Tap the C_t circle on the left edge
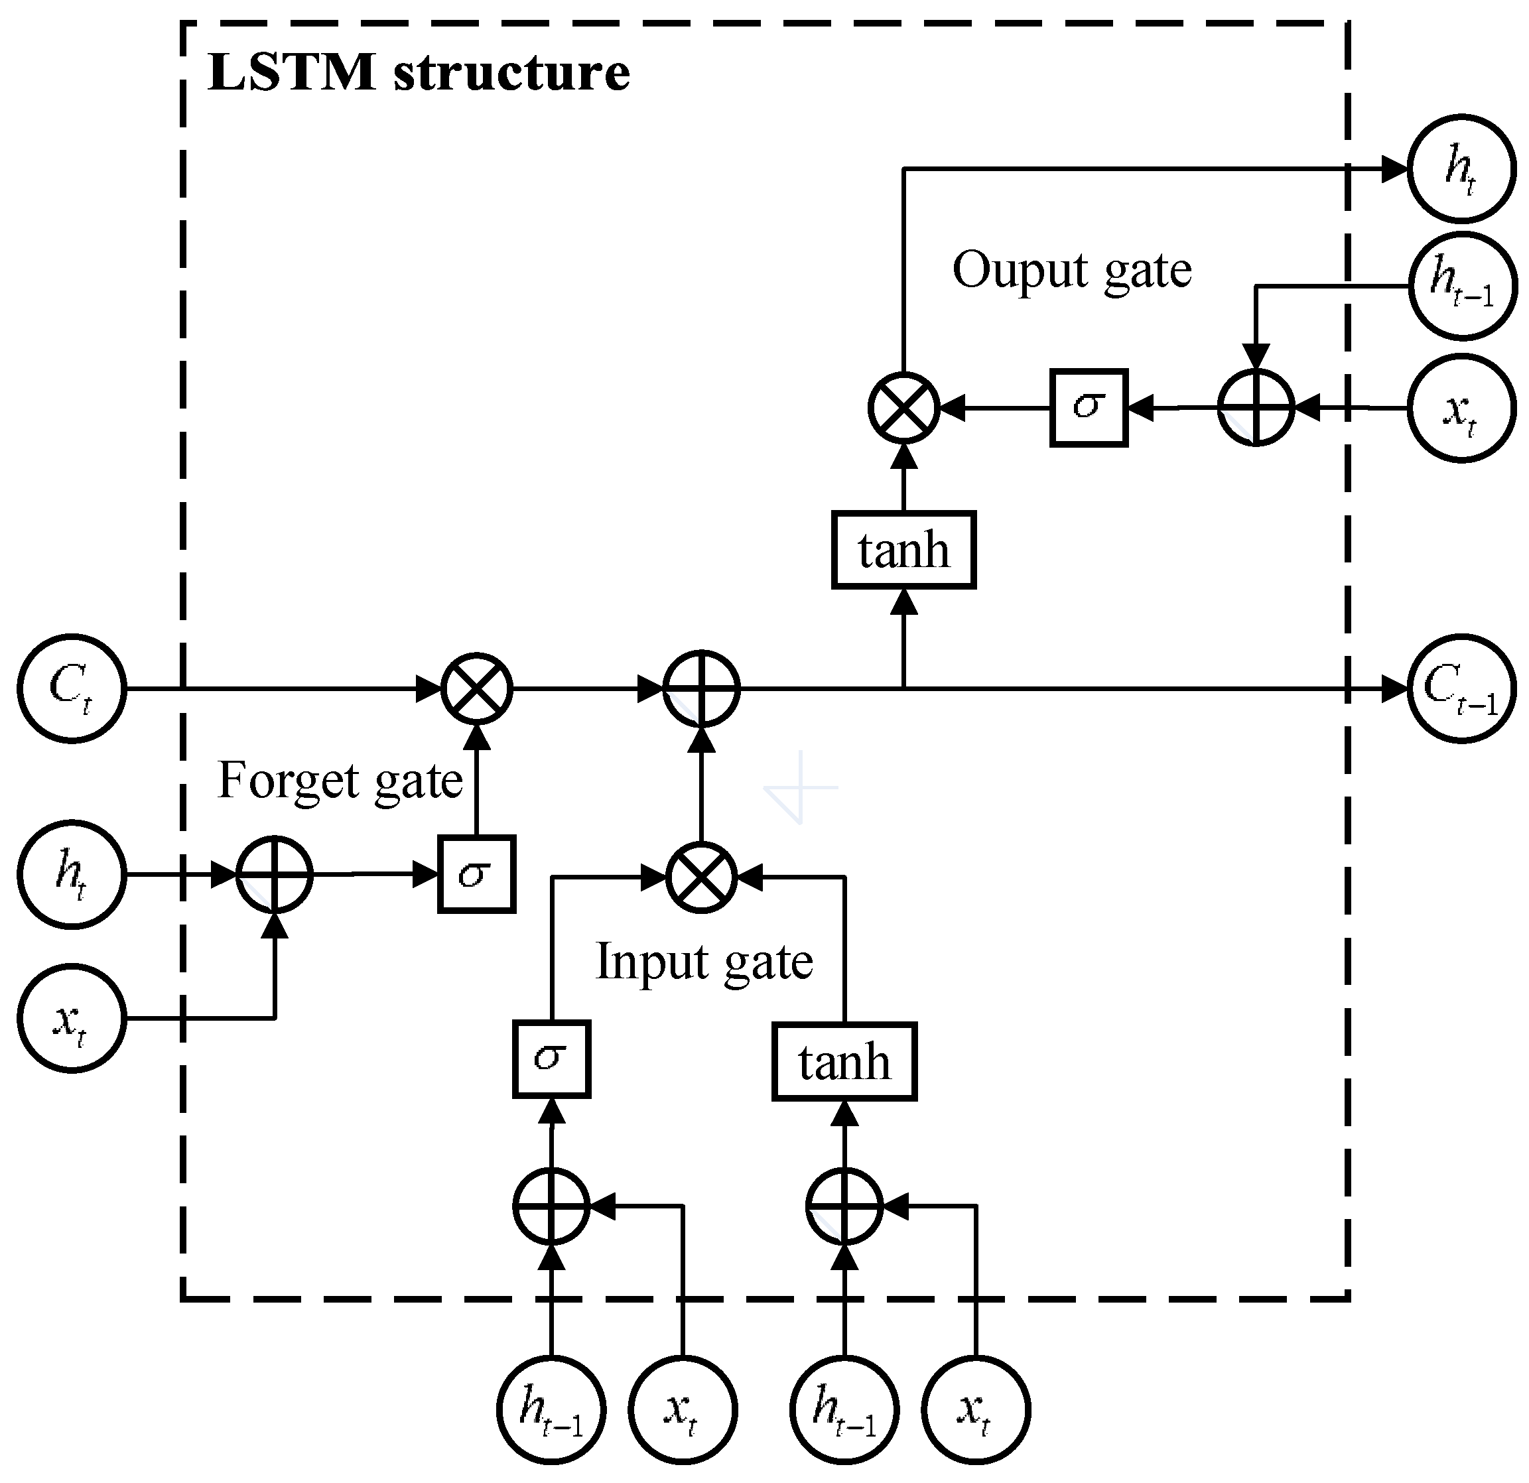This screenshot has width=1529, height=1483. (x=72, y=689)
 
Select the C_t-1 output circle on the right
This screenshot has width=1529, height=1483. (x=1462, y=689)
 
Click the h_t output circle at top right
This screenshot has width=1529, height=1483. (x=1462, y=168)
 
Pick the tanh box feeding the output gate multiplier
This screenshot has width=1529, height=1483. (x=903, y=550)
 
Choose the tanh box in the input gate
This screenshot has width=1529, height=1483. (x=844, y=1062)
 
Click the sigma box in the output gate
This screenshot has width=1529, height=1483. (x=1089, y=407)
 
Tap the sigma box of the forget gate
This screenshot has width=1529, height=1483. (x=476, y=873)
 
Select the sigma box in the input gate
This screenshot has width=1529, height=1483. (x=551, y=1059)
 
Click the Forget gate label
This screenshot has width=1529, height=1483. (x=340, y=780)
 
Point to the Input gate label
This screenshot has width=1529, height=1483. (x=704, y=961)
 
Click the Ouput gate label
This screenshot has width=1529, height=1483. (x=1072, y=270)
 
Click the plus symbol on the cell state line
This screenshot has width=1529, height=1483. (x=700, y=689)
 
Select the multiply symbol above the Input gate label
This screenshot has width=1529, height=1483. (x=700, y=877)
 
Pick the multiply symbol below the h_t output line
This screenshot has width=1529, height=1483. (x=903, y=407)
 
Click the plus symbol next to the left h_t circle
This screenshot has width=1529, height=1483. (x=275, y=875)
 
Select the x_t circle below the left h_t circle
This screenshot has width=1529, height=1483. (x=72, y=1018)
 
